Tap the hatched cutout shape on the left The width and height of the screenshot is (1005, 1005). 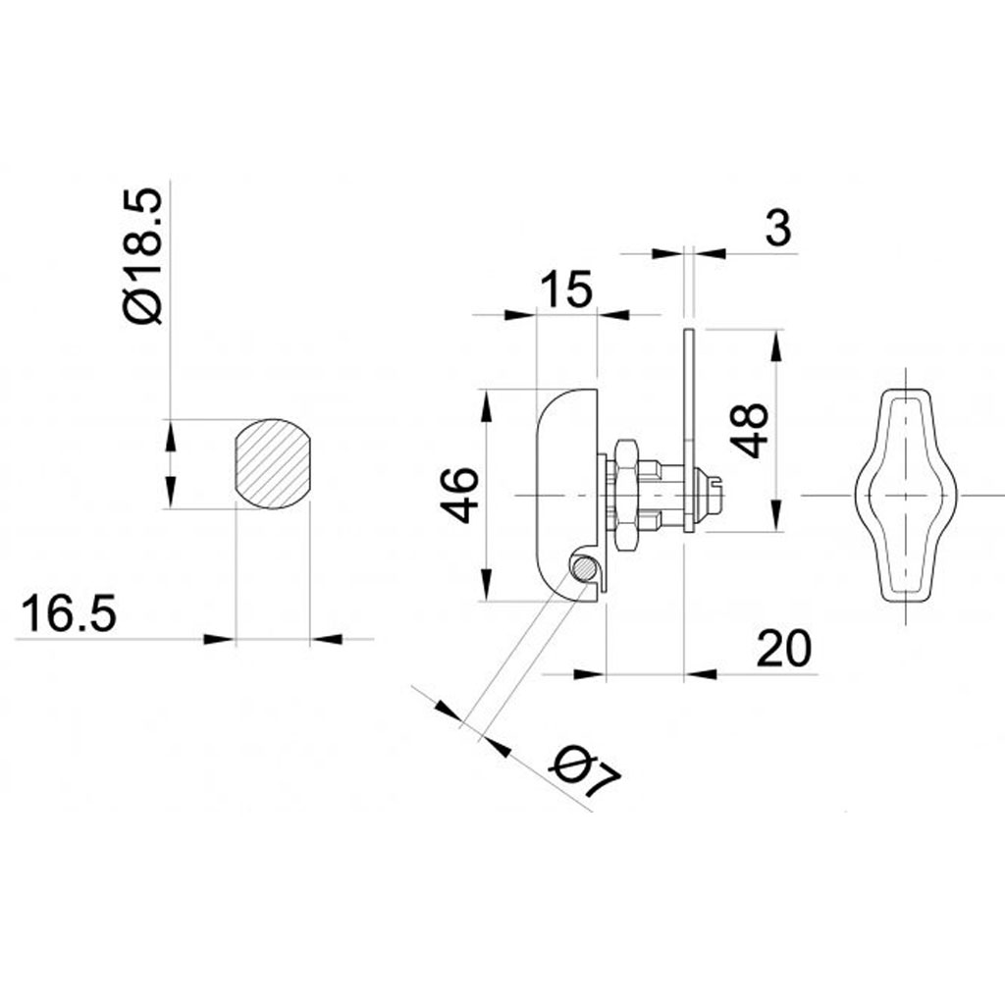pos(271,464)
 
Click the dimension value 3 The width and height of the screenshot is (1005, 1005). pos(776,229)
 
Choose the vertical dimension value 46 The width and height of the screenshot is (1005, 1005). pos(459,495)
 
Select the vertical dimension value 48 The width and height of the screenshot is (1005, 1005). pos(753,431)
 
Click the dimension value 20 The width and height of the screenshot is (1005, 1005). pos(785,649)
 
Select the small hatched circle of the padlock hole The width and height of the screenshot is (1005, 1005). pos(584,568)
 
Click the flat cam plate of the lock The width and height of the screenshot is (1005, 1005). pos(690,432)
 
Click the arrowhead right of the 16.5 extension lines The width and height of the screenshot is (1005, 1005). pos(328,640)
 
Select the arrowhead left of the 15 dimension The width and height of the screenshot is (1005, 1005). pos(519,315)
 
